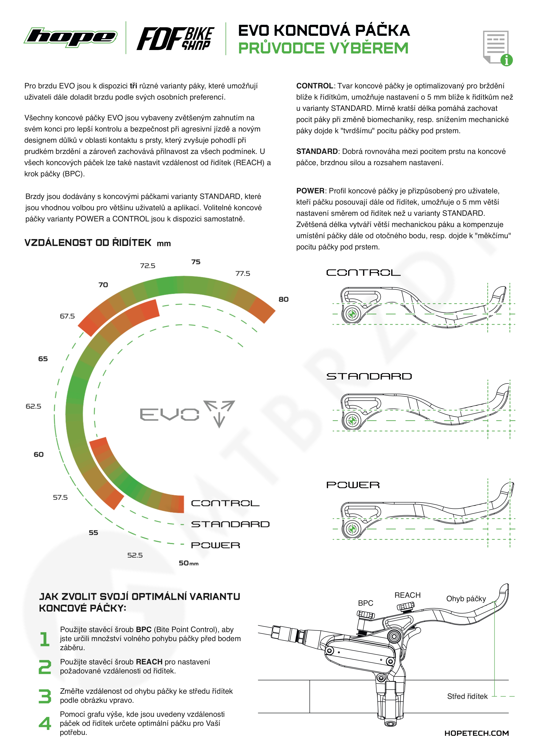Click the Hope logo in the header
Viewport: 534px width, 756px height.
point(71,37)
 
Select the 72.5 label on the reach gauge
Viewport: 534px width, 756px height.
point(148,266)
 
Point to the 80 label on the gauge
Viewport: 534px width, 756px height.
point(283,299)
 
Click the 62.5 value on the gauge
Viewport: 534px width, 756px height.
point(34,406)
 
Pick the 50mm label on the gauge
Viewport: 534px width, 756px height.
point(188,563)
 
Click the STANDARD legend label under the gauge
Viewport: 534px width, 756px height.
point(230,524)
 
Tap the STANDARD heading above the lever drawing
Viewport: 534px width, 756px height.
point(369,376)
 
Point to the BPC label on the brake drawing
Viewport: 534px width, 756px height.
point(365,603)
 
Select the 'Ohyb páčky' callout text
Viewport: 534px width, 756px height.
point(466,599)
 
